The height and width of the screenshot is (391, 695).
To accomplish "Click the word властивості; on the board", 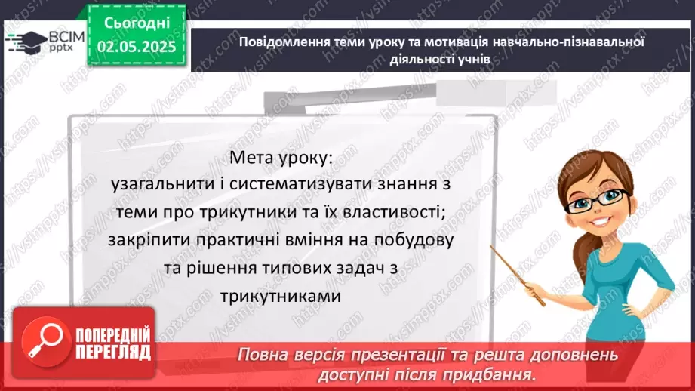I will (392, 214).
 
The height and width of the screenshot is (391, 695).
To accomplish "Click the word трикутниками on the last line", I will (282, 296).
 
